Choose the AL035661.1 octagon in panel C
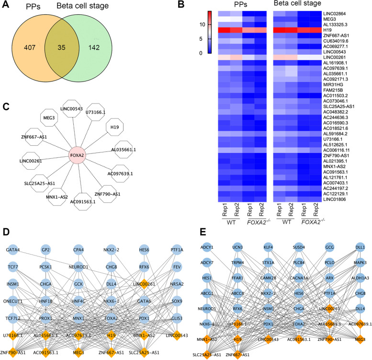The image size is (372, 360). tap(128, 149)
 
